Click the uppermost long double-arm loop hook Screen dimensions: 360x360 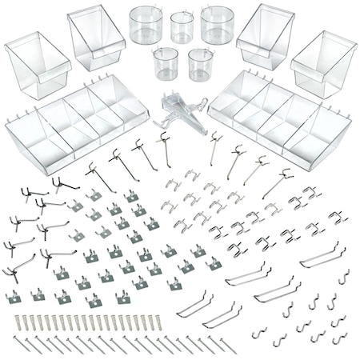click(x=323, y=256)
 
